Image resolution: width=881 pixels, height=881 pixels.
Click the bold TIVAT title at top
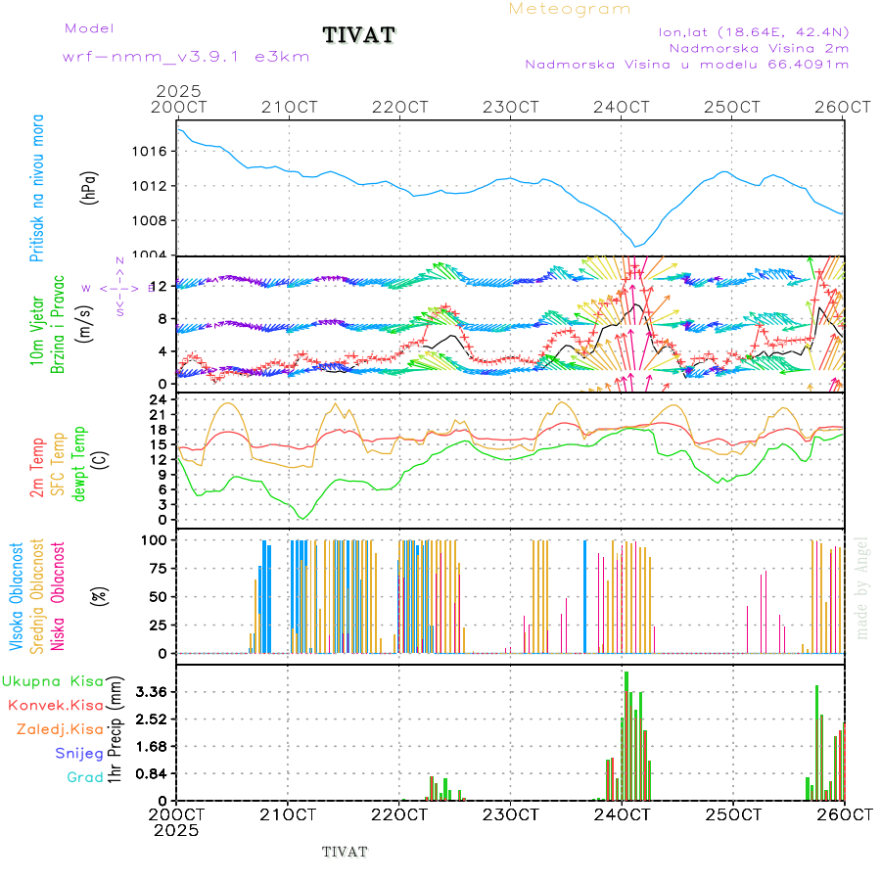pos(359,36)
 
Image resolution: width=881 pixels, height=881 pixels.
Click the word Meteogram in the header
pos(570,9)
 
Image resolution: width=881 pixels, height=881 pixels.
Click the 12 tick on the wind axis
pos(160,285)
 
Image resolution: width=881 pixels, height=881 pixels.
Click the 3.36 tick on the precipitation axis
pos(152,692)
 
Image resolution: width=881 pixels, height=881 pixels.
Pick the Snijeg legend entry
pos(78,753)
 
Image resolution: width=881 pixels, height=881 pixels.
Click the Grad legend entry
pos(85,777)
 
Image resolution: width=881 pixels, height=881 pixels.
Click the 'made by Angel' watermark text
pos(862,587)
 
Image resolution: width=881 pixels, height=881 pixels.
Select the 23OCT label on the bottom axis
pos(511,813)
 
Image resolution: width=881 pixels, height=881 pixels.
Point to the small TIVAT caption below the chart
pos(345,852)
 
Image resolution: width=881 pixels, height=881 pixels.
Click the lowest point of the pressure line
pos(635,247)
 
